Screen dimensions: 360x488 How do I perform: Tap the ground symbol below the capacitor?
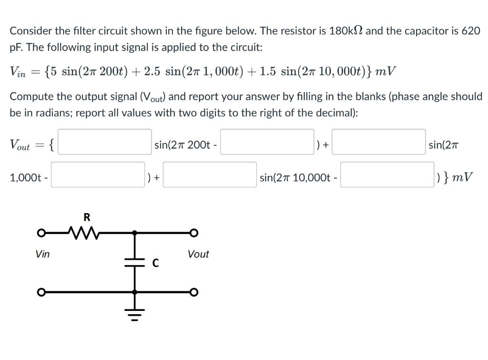[x=134, y=313]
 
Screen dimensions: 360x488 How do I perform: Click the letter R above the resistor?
[x=87, y=217]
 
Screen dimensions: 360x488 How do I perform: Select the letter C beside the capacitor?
[x=155, y=263]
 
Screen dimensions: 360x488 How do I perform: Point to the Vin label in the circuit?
[x=42, y=254]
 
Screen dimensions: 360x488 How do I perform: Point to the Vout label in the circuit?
[x=198, y=254]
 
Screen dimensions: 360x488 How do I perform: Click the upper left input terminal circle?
[x=42, y=233]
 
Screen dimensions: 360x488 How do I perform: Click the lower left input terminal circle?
[x=42, y=291]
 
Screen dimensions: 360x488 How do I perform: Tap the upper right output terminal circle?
[x=194, y=233]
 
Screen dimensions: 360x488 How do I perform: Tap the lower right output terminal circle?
[x=194, y=291]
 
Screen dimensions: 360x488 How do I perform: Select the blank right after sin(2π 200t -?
[x=267, y=142]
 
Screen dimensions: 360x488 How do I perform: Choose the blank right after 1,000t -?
[x=98, y=175]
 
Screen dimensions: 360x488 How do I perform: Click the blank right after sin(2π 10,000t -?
[x=386, y=175]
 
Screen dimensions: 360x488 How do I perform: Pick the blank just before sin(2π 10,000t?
[x=211, y=175]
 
